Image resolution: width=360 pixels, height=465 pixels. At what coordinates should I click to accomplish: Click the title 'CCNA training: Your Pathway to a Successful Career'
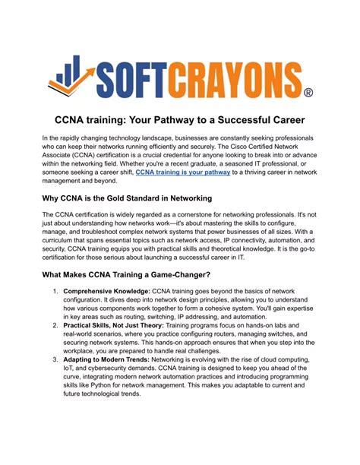point(179,120)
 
